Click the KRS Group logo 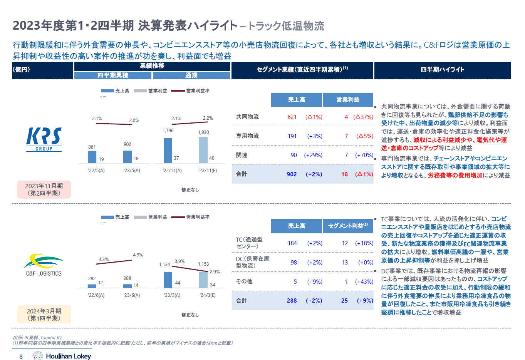tap(44, 139)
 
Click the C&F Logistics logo tap(44, 265)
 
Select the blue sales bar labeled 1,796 tap(168, 151)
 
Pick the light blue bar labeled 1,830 tap(203, 150)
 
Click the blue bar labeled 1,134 tap(168, 280)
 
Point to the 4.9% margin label tap(138, 255)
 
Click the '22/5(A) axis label tap(96, 171)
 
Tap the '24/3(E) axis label tap(208, 295)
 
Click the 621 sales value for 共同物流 tap(292, 117)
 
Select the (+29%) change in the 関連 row tap(313, 155)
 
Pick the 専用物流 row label tap(247, 136)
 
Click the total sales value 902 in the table tap(292, 174)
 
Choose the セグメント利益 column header tap(348, 226)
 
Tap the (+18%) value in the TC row tap(364, 243)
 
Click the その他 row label tap(244, 281)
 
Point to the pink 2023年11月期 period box tap(44, 189)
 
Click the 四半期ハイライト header tap(443, 70)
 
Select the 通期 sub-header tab tap(191, 75)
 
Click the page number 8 tap(21, 357)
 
